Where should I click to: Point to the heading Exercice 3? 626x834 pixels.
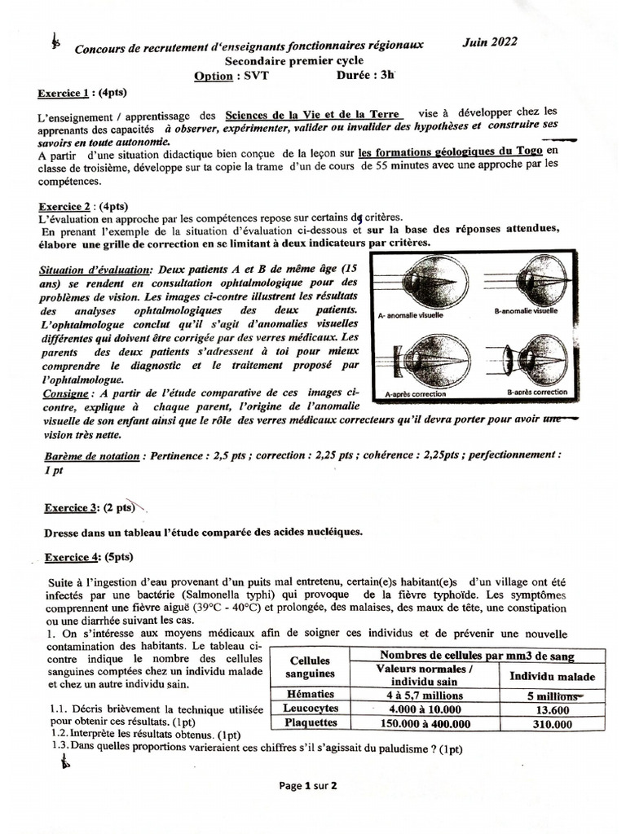click(70, 507)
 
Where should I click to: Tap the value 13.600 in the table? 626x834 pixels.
click(552, 709)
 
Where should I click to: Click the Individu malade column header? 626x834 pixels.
click(552, 675)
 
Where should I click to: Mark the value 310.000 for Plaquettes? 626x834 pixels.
click(552, 723)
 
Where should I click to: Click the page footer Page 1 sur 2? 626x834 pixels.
click(308, 786)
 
